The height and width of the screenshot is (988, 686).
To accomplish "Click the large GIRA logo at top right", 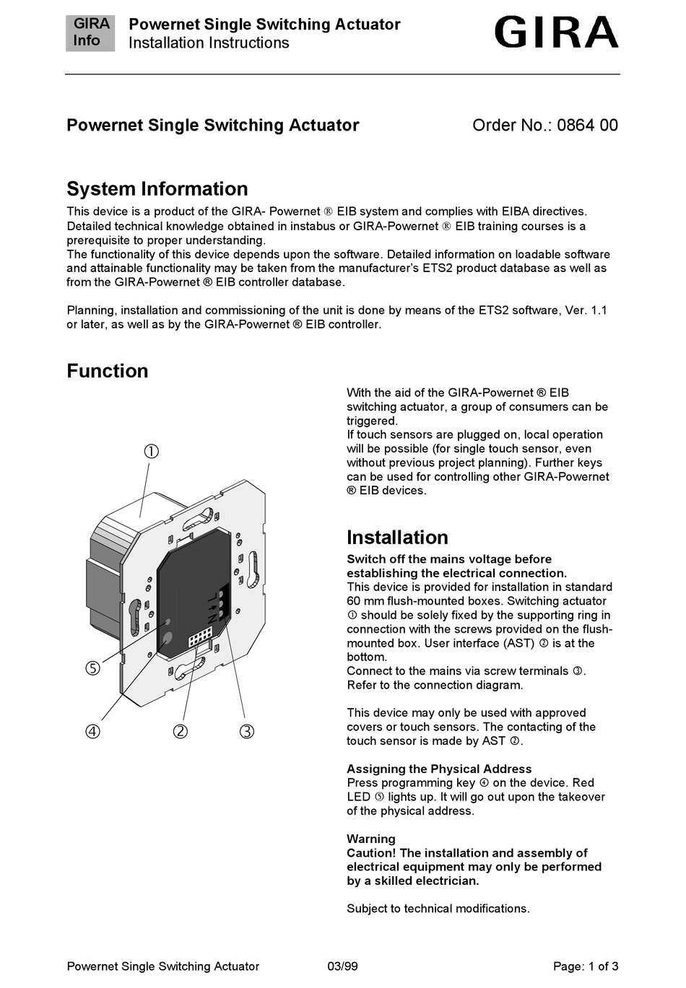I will pyautogui.click(x=556, y=32).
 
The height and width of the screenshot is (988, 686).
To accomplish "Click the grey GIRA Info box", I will pyautogui.click(x=90, y=32).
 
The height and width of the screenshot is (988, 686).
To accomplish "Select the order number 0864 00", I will pyautogui.click(x=587, y=126).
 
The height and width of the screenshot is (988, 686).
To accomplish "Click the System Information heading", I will pyautogui.click(x=157, y=189).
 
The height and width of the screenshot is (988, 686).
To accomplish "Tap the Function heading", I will pyautogui.click(x=108, y=371).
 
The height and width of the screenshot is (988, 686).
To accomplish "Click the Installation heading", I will pyautogui.click(x=397, y=538).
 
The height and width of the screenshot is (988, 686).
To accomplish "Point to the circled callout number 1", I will pyautogui.click(x=151, y=452).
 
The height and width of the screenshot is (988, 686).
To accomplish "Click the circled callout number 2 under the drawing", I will pyautogui.click(x=181, y=731).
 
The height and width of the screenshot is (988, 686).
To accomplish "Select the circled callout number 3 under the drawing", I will pyautogui.click(x=247, y=731).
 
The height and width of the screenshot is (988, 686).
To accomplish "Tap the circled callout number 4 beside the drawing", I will pyautogui.click(x=93, y=731).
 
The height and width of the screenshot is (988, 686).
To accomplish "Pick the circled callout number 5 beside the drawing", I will pyautogui.click(x=93, y=668).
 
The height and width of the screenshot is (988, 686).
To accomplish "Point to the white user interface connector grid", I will pyautogui.click(x=200, y=637).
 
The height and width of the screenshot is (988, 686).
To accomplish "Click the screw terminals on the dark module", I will pyautogui.click(x=223, y=600).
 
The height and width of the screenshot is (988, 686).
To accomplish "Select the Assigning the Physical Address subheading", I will pyautogui.click(x=439, y=769).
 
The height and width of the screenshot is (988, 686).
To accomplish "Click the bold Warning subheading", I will pyautogui.click(x=371, y=839).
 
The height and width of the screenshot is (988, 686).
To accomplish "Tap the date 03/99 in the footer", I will pyautogui.click(x=342, y=966).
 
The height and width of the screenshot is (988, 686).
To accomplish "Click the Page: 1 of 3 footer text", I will pyautogui.click(x=586, y=966).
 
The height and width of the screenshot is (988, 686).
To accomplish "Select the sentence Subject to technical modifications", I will pyautogui.click(x=438, y=909).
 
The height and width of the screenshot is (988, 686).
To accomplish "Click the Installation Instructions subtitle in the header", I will pyautogui.click(x=209, y=43).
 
